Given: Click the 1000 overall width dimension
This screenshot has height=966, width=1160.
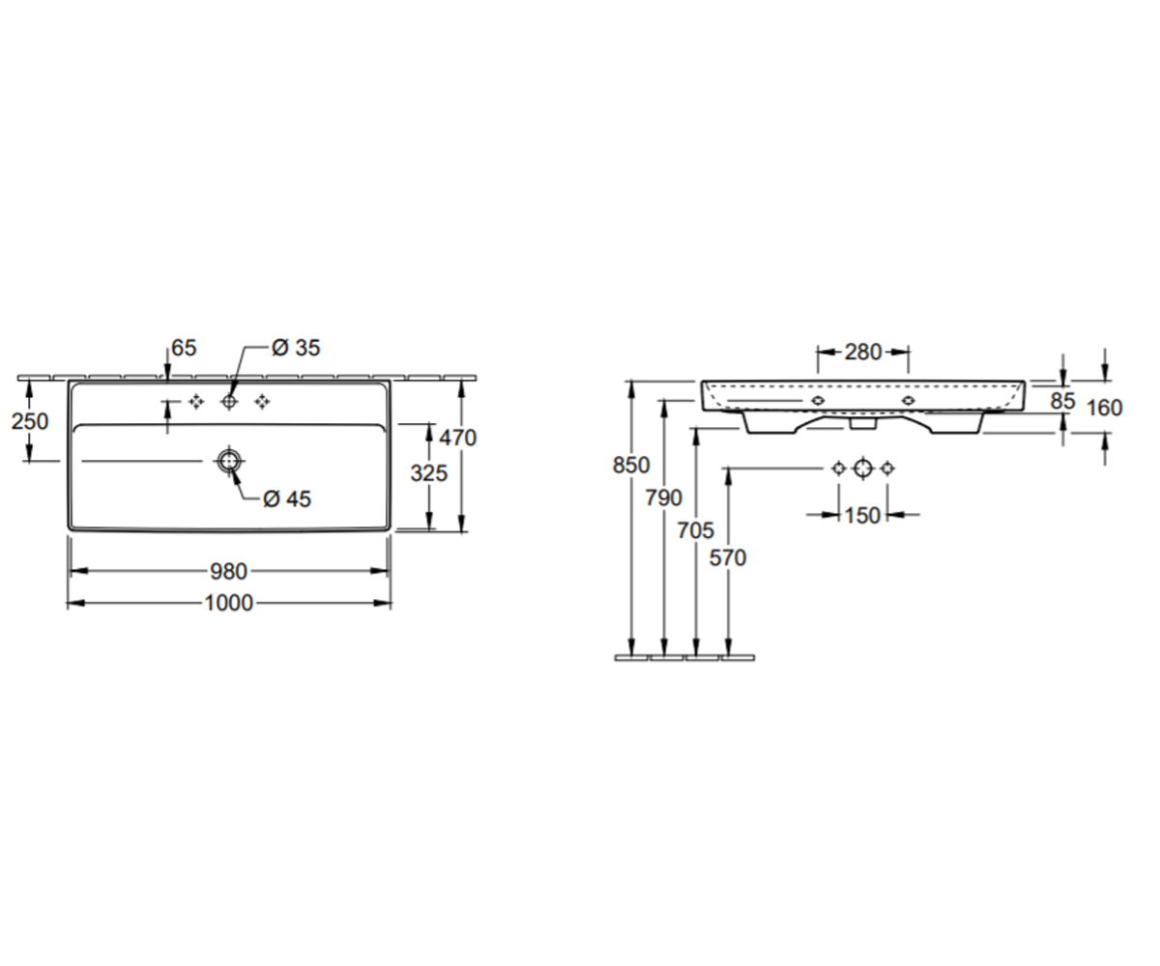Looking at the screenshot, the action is tap(229, 603).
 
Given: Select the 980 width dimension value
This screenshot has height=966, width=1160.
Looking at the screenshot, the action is tap(228, 571).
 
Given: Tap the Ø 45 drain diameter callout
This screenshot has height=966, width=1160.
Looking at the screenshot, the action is tap(287, 499).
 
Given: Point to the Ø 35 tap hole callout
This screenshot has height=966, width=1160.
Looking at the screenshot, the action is tap(296, 348).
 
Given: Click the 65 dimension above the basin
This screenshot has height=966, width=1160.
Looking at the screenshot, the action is tap(184, 348).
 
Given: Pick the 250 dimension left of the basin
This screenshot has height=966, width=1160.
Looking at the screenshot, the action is tap(30, 421).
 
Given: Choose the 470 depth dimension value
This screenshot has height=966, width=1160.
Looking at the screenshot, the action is tap(458, 438).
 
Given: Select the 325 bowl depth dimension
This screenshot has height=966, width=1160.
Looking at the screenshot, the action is tap(429, 473).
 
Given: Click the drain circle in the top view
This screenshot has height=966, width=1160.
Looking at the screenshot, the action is tap(229, 460).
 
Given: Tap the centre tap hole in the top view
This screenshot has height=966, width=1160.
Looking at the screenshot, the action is tap(229, 402).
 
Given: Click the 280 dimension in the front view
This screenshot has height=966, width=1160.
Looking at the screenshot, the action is tap(863, 352).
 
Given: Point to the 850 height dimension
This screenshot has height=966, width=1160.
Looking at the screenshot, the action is tap(631, 466).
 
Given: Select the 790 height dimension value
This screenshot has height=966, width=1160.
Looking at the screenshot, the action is tap(663, 498).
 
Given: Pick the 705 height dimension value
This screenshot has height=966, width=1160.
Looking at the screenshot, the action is tap(696, 530).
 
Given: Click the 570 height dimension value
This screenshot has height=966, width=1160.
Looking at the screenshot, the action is tap(728, 558).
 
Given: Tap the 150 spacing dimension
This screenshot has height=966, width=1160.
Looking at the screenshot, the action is tap(863, 516).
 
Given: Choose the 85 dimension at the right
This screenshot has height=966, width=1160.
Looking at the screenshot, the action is tap(1062, 401).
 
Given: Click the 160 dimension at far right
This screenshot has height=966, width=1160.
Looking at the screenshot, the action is tap(1105, 408).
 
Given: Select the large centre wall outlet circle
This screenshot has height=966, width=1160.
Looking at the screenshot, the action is tap(863, 469).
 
